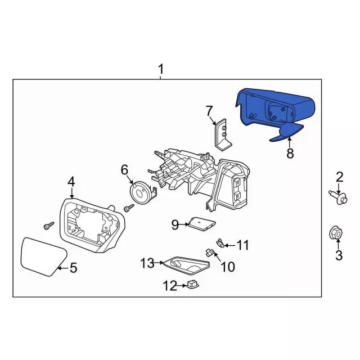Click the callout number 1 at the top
[161, 69]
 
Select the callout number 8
[290, 152]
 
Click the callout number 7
[209, 110]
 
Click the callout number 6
[125, 169]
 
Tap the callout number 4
[71, 181]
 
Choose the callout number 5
[73, 268]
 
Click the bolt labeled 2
[337, 197]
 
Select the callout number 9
[175, 225]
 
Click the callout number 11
[242, 245]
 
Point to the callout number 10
[227, 267]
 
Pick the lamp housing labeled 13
[185, 265]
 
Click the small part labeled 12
[193, 285]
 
